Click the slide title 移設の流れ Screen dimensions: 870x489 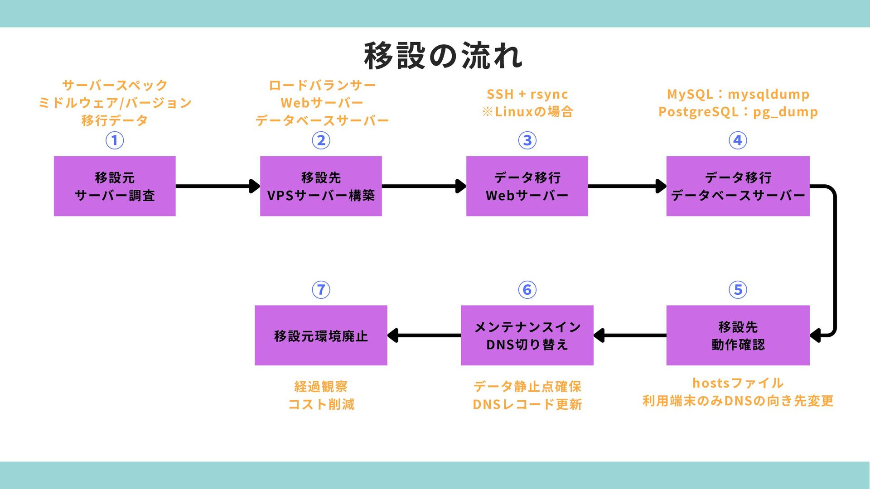[x=443, y=56]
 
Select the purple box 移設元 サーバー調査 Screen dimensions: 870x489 [x=115, y=186]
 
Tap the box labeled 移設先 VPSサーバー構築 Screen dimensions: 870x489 [x=321, y=186]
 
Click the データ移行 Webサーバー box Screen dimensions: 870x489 [x=527, y=186]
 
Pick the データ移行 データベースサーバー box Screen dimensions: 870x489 [x=738, y=186]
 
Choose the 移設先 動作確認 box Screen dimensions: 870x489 [x=738, y=335]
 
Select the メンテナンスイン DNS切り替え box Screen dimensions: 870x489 [x=527, y=335]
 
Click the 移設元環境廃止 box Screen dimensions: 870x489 [x=321, y=335]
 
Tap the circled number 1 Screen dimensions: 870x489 [x=115, y=140]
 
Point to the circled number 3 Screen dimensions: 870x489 [x=527, y=140]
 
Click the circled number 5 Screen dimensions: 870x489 [x=738, y=290]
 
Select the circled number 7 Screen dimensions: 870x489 [x=321, y=290]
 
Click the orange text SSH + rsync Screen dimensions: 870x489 [x=527, y=94]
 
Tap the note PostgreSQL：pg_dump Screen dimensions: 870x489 [x=738, y=112]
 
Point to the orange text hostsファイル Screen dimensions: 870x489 [x=738, y=383]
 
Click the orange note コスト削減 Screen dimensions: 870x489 [x=321, y=404]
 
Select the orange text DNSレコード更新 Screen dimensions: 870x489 [x=527, y=404]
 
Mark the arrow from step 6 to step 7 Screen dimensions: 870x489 [x=424, y=336]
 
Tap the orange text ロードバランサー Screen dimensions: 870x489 [x=322, y=85]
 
